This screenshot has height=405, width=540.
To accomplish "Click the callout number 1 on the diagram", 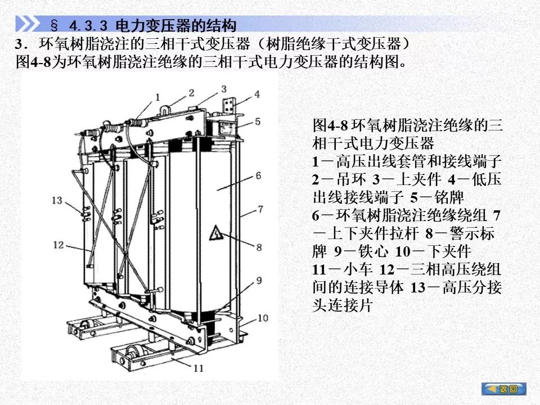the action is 157,97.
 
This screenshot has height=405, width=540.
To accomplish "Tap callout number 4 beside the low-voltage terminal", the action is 257,94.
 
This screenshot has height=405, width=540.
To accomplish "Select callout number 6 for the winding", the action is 258,175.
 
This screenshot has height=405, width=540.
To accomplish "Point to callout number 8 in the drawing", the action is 259,247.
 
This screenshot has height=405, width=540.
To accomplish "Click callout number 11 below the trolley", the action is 199,368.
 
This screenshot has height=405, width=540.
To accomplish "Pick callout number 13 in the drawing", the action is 57,200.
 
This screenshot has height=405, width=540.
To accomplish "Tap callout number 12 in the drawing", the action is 58,245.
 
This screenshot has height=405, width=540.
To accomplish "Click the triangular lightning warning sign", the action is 215,233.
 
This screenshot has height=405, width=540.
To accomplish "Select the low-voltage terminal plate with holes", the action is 229,105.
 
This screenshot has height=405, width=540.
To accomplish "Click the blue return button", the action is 504,389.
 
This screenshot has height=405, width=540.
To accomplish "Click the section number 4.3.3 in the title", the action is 88,25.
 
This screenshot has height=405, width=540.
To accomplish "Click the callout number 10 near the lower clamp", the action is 263,318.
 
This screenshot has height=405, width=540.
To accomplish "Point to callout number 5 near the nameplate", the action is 258,121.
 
